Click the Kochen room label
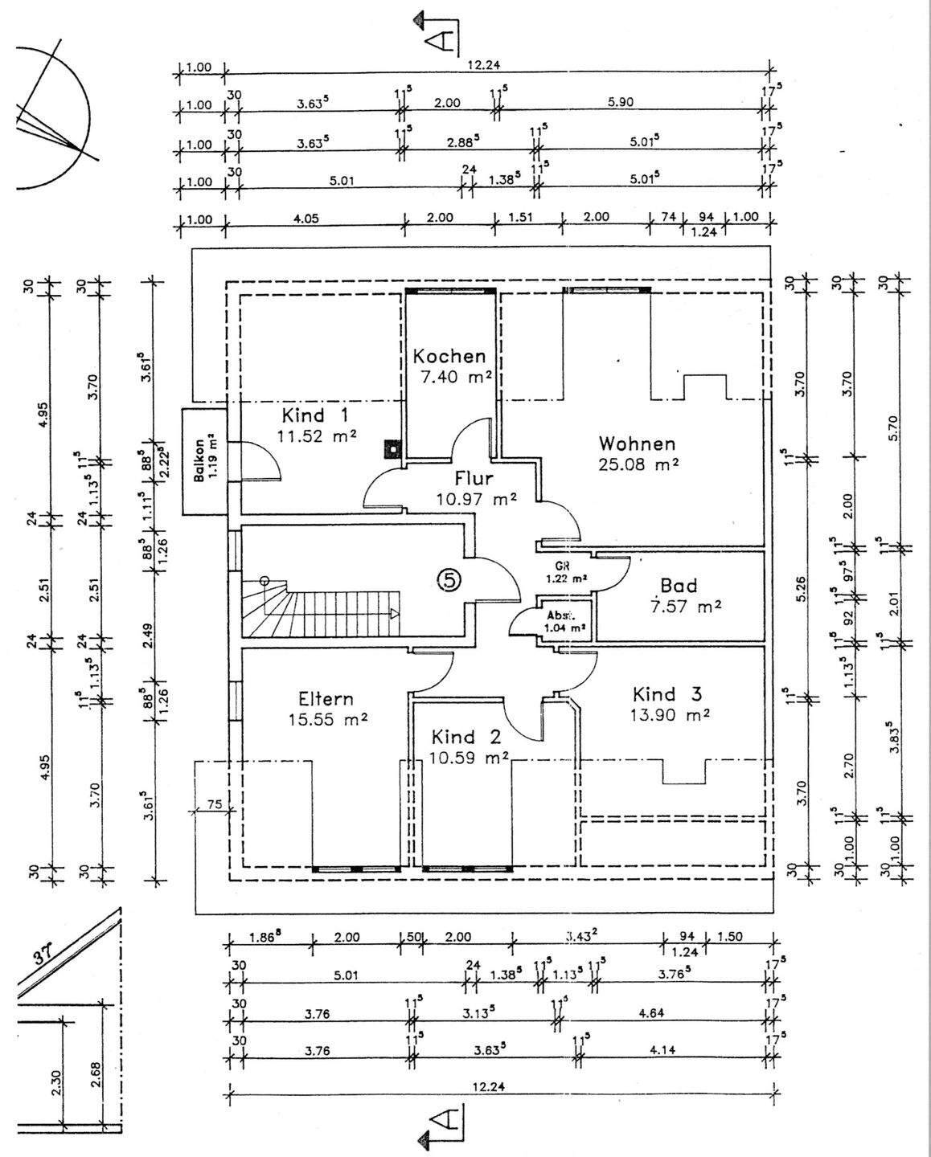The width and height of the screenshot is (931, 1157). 449,356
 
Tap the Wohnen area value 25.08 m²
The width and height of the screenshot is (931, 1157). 639,464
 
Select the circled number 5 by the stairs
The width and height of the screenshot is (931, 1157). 449,579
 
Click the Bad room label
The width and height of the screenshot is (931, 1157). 679,585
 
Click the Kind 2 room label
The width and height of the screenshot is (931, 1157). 465,737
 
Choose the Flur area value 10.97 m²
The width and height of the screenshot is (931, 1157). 476,500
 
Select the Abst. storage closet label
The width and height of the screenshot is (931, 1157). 562,616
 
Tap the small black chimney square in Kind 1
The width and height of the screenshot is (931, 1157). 392,446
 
